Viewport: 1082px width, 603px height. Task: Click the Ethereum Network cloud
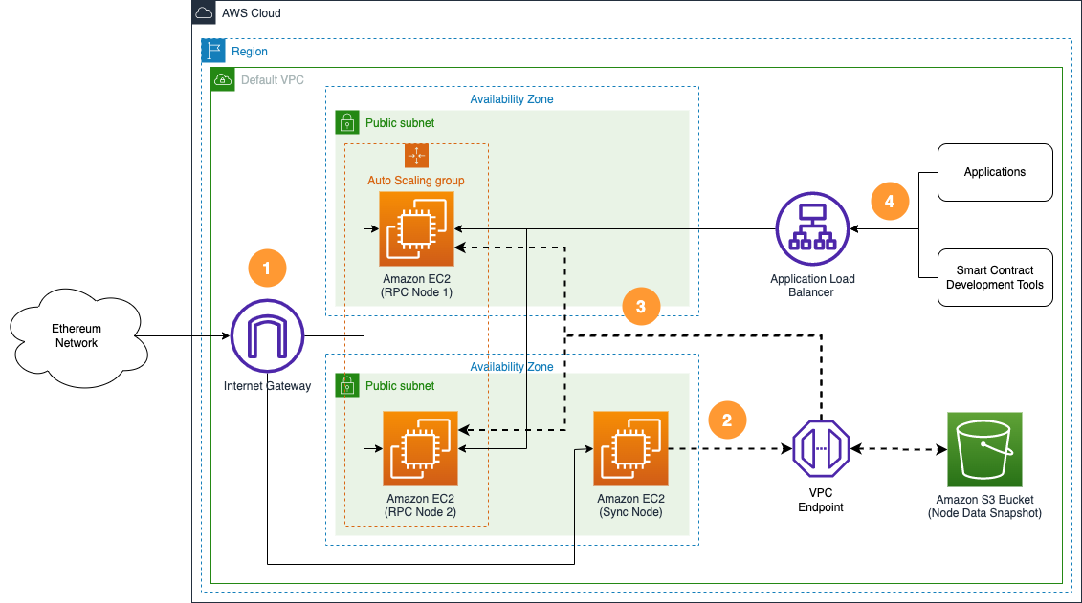click(x=76, y=336)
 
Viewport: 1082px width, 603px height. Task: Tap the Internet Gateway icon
click(x=267, y=336)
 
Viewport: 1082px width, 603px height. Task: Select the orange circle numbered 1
click(x=267, y=269)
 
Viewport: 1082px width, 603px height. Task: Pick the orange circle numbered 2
click(x=727, y=420)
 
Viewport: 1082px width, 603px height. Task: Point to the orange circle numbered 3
click(x=641, y=307)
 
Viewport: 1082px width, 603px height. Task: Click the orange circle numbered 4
click(x=890, y=202)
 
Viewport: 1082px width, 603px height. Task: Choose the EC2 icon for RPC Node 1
click(x=416, y=229)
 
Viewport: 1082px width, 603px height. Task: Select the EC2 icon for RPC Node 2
click(x=420, y=449)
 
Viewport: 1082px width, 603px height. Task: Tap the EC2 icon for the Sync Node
click(x=630, y=449)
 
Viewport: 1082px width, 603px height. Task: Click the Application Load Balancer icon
click(x=812, y=229)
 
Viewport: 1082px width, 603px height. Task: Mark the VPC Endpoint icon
click(x=820, y=449)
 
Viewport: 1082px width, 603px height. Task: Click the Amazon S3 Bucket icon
click(x=984, y=449)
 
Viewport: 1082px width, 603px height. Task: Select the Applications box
click(x=995, y=172)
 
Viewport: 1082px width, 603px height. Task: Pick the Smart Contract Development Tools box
click(x=995, y=278)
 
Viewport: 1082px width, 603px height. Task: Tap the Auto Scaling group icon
click(x=416, y=156)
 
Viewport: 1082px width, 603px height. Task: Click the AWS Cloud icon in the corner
click(x=204, y=12)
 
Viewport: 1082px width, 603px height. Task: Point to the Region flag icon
click(x=212, y=51)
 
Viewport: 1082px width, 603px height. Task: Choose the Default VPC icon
click(x=222, y=79)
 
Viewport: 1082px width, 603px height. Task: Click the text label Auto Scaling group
click(x=416, y=180)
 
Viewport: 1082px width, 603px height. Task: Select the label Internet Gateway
click(x=267, y=386)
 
